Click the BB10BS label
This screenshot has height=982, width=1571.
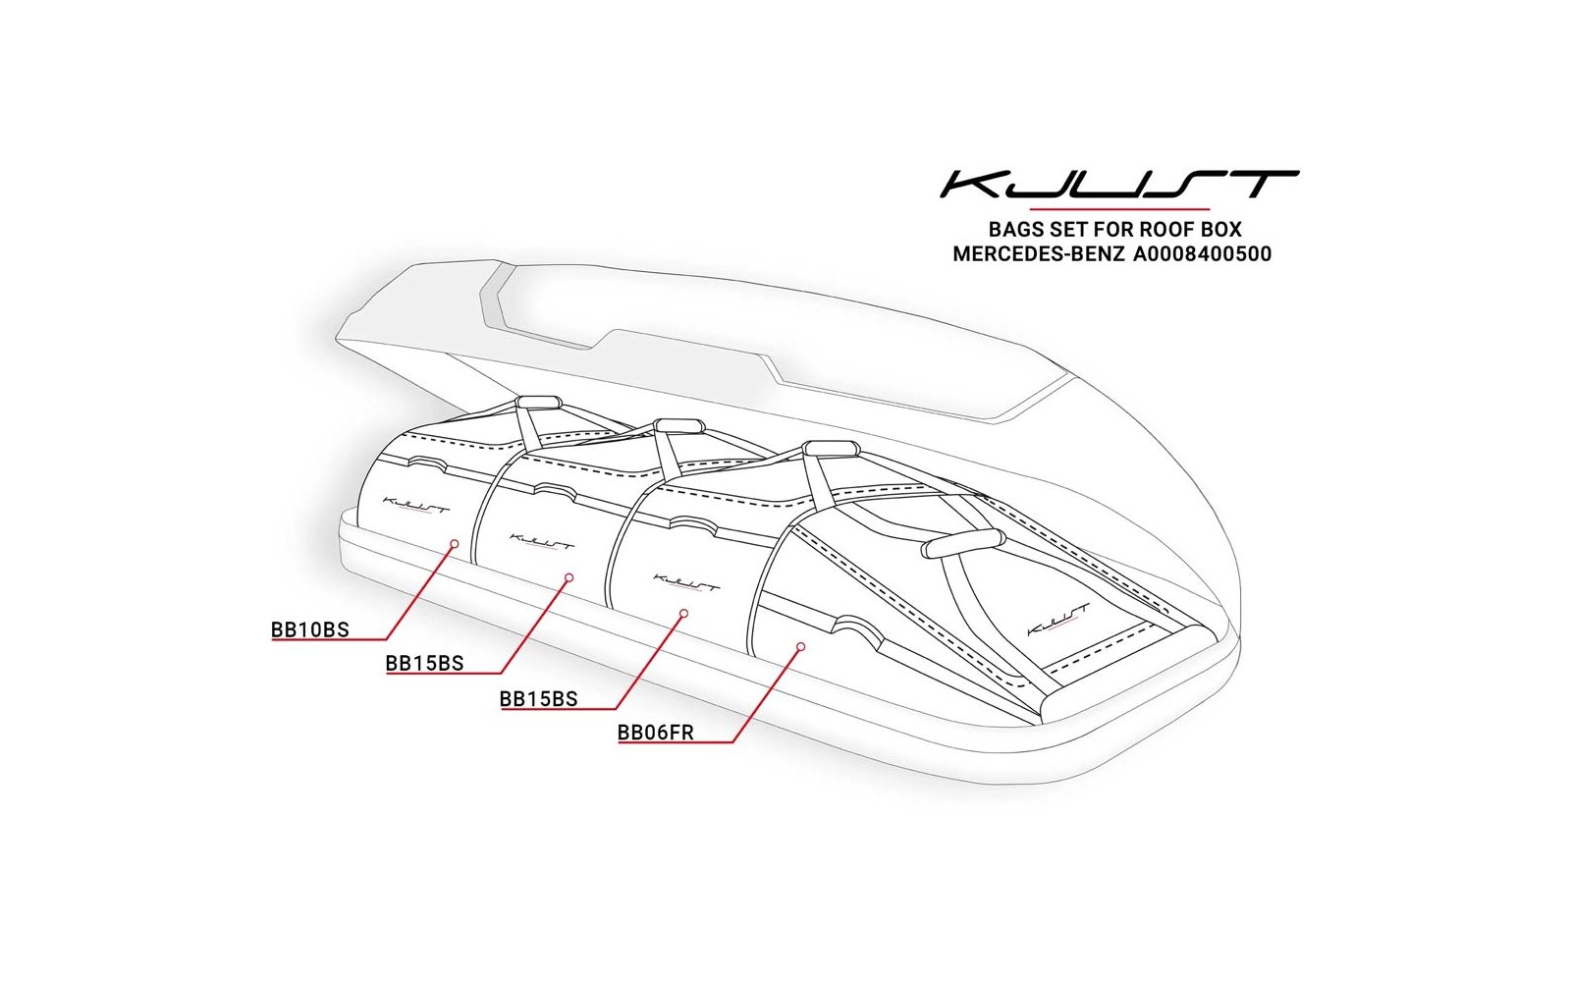(x=310, y=629)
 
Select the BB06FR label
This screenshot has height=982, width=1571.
(x=655, y=733)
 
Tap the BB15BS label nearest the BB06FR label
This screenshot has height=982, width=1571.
(x=539, y=698)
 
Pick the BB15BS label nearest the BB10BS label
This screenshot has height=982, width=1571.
(x=425, y=663)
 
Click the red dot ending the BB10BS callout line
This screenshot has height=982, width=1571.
(x=455, y=544)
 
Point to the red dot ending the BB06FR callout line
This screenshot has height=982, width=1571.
(x=801, y=646)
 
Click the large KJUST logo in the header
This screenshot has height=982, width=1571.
(x=1119, y=184)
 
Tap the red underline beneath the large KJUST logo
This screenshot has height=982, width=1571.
(x=1119, y=209)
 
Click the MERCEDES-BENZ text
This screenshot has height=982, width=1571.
(x=1039, y=254)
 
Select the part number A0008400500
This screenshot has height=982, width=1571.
(x=1202, y=254)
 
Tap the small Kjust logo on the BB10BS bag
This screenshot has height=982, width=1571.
(x=416, y=505)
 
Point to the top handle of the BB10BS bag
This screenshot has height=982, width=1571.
(x=539, y=402)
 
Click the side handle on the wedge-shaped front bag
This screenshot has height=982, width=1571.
(x=962, y=542)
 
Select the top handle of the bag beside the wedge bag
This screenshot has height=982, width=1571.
(x=831, y=448)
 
